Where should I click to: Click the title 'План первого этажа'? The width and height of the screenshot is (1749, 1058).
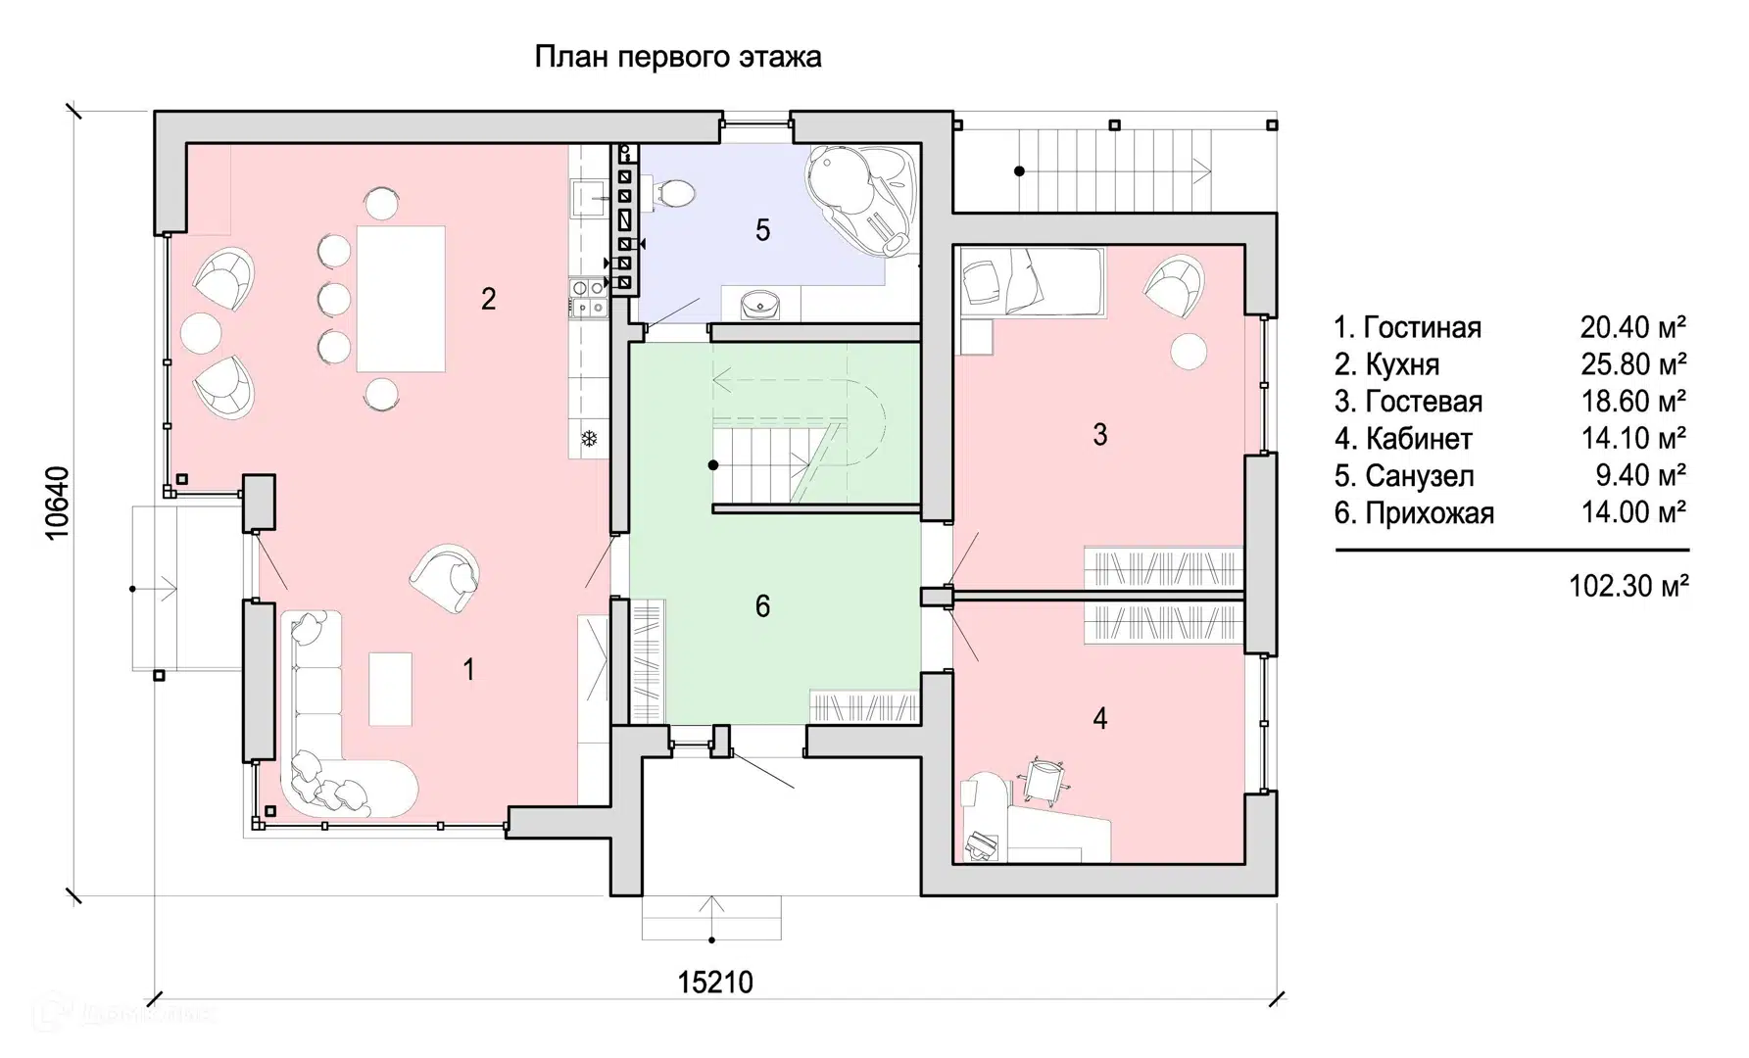coord(677,57)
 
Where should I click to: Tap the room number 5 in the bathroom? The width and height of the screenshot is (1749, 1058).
coord(762,230)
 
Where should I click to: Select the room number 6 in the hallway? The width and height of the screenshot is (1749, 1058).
coord(762,606)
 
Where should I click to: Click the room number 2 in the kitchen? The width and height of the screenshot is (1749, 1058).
coord(488,299)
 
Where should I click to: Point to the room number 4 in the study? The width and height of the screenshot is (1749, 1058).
coord(1099,719)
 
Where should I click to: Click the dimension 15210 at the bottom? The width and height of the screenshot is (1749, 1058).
coord(715,983)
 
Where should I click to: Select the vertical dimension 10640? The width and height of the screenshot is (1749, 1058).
coord(58,503)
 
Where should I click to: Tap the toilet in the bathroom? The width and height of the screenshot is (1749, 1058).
coord(673,193)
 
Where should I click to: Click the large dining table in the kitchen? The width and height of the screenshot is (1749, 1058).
coord(400,299)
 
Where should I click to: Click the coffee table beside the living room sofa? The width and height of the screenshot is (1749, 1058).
coord(390,689)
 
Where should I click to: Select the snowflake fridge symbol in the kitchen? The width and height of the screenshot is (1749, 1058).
coord(590,438)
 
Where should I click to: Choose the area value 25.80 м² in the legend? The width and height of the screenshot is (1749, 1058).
coord(1632,364)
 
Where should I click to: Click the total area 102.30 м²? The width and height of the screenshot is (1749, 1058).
coord(1628,586)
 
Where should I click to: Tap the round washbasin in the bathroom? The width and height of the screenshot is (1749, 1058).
coord(760,306)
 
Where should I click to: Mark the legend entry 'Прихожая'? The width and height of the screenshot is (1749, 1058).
coord(1429,513)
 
